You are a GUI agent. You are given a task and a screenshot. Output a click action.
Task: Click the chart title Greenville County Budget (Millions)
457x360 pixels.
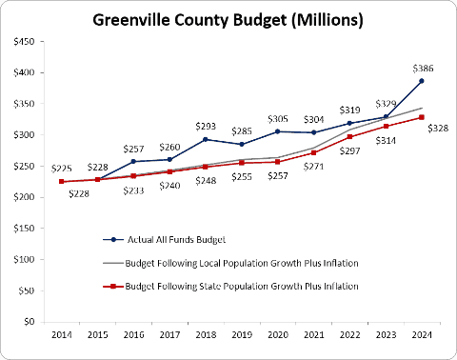[x=228, y=20]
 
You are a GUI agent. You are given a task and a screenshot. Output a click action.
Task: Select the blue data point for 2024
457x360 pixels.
[x=422, y=81]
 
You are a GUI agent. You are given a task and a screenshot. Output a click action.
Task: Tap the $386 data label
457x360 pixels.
[x=423, y=69]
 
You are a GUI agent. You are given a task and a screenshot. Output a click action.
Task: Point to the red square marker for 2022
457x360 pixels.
[x=349, y=137]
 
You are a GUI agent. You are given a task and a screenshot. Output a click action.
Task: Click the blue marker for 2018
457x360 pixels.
[x=206, y=139]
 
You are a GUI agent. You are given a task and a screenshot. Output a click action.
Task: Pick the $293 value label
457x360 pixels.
[x=206, y=127]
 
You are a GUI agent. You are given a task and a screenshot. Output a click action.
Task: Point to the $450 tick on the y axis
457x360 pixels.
[x=24, y=42]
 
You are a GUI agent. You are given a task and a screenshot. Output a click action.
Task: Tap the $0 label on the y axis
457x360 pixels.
[x=30, y=322]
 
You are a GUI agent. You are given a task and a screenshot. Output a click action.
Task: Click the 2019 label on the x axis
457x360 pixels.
[x=242, y=334]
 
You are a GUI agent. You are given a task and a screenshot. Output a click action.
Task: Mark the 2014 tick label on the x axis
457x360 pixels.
[x=62, y=334]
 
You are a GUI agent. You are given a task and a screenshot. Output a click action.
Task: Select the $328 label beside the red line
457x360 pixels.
[x=438, y=129]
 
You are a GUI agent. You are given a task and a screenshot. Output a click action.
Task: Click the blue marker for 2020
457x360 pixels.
[x=277, y=131]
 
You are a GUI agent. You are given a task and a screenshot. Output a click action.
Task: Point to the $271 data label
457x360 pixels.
[x=313, y=167]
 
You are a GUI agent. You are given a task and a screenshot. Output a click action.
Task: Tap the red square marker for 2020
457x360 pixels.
[x=277, y=162]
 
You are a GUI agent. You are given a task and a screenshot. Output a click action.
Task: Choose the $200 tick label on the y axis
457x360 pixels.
[x=24, y=197]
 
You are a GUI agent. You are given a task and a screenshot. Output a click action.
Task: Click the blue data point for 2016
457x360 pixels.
[x=133, y=161]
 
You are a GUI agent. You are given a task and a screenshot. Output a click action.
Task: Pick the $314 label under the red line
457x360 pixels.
[x=386, y=140]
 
